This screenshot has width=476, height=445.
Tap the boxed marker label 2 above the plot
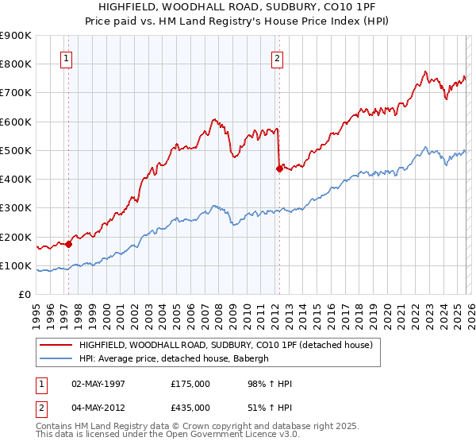click(x=277, y=58)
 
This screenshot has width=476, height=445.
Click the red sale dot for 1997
click(x=68, y=245)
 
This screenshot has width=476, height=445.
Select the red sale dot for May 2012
click(x=279, y=168)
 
